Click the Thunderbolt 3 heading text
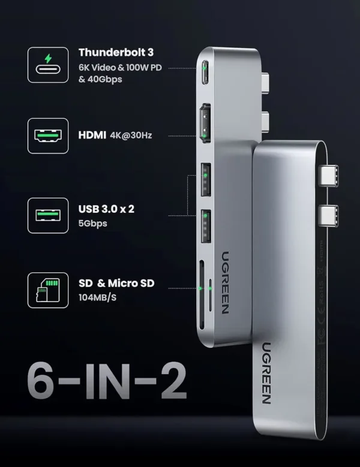coord(115,52)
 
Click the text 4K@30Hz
coord(131,135)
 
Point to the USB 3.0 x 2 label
coord(108,209)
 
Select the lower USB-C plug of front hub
coord(331,214)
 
